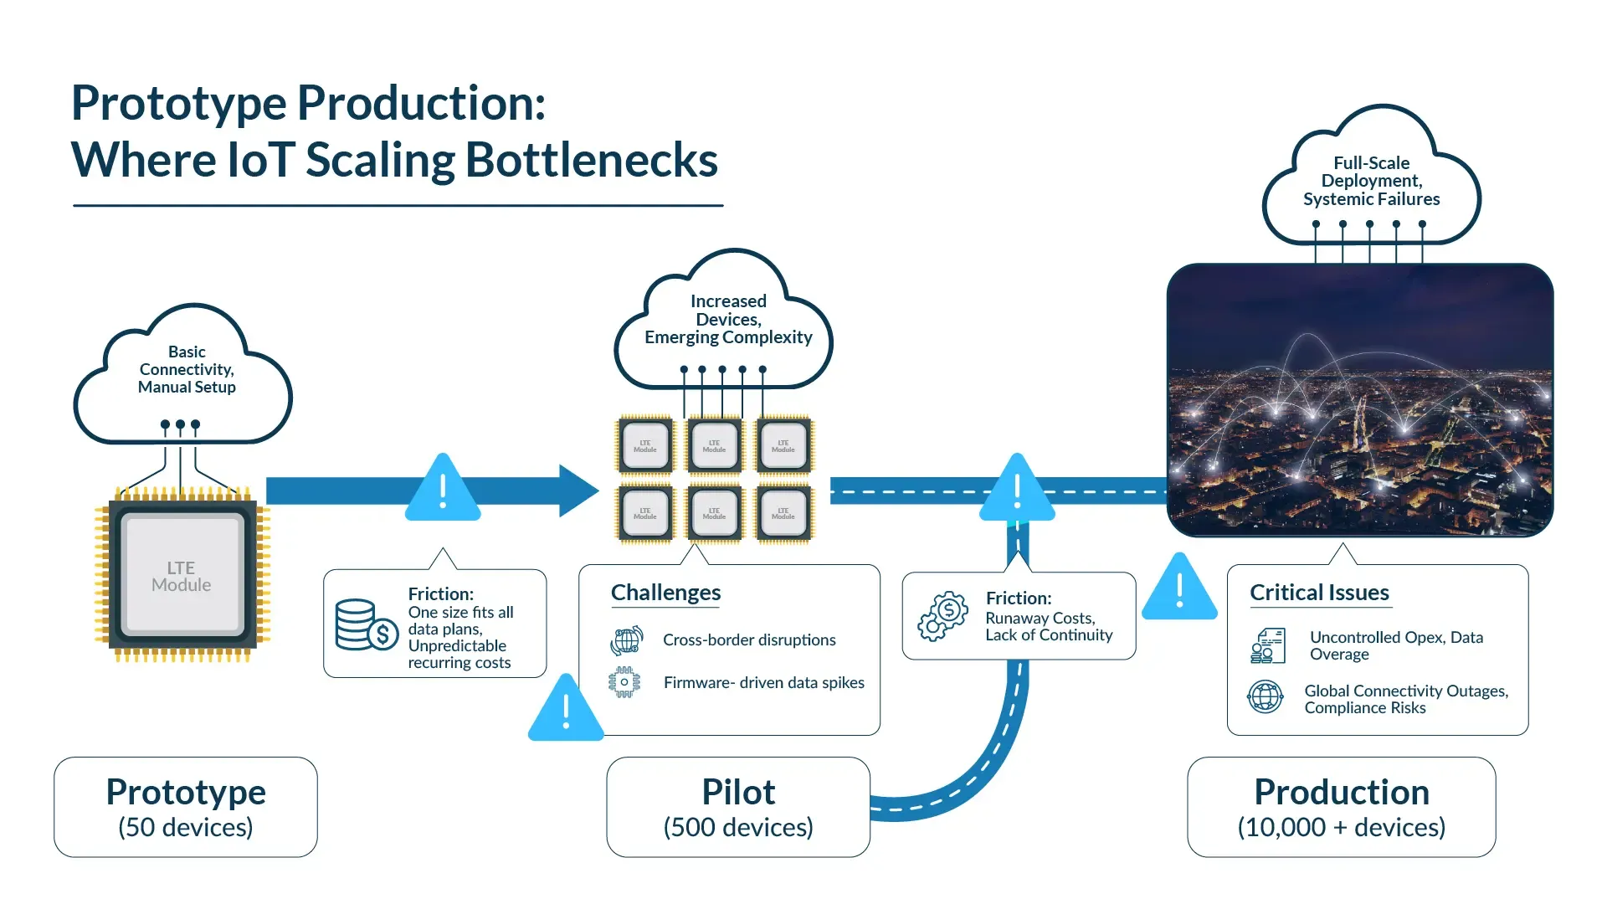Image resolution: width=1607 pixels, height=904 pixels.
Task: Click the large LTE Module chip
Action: (x=182, y=576)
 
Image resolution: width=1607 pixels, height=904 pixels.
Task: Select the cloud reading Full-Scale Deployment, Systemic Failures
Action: (x=1371, y=180)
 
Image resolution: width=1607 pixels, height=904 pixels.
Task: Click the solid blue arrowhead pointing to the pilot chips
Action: (x=577, y=491)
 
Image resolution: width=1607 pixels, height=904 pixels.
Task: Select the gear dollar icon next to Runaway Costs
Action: (x=942, y=616)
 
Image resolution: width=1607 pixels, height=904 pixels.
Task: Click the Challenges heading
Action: (x=665, y=593)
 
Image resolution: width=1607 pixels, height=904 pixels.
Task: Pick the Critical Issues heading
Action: (x=1319, y=593)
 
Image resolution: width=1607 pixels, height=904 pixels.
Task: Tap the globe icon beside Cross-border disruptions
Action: (x=626, y=640)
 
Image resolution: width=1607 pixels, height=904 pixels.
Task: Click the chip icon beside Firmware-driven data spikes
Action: (x=624, y=682)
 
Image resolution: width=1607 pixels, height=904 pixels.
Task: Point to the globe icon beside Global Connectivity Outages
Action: (x=1265, y=696)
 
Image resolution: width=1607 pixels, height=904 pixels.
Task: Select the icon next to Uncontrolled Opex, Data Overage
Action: (x=1267, y=646)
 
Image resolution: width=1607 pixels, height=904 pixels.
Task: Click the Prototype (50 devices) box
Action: (x=186, y=807)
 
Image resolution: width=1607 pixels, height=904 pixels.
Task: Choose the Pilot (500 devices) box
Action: (x=738, y=807)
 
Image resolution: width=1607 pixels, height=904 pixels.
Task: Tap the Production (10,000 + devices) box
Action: (x=1341, y=807)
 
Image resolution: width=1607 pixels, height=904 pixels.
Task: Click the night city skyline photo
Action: (x=1359, y=400)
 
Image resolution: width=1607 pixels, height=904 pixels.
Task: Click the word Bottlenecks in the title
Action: (x=591, y=160)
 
